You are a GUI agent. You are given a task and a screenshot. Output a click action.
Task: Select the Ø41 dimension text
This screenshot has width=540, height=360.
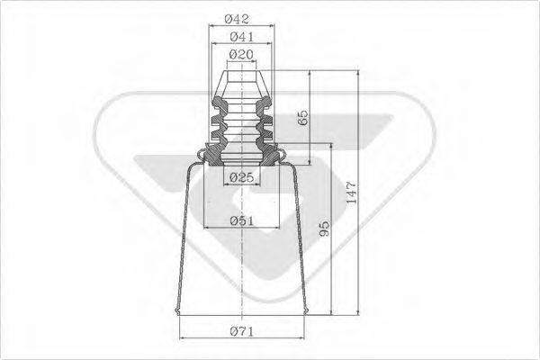tap(239, 37)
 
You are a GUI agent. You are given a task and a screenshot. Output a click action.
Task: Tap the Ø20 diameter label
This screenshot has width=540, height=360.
tap(239, 56)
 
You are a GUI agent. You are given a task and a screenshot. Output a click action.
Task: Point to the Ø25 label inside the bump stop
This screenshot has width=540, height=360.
tap(239, 177)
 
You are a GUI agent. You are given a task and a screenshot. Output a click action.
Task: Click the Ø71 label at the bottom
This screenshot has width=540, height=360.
tap(239, 334)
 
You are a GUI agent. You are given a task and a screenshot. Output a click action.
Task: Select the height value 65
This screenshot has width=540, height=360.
tap(302, 117)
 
